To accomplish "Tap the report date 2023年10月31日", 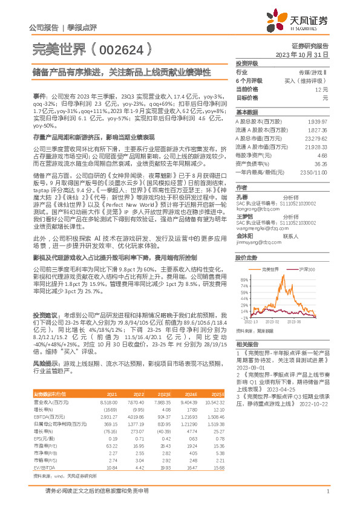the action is pos(302,54).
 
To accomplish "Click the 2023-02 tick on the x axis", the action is pos(270,322).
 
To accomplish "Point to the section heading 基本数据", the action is pos(246,112).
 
